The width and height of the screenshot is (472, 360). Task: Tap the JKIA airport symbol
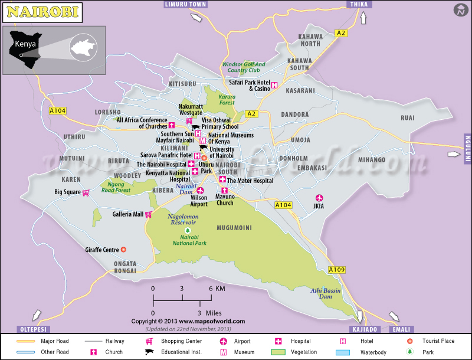pyautogui.click(x=320, y=198)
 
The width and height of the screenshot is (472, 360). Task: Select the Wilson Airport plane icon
pyautogui.click(x=200, y=191)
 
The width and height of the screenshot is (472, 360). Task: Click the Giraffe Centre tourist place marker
pyautogui.click(x=123, y=250)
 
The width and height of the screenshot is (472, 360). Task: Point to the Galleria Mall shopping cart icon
pyautogui.click(x=149, y=214)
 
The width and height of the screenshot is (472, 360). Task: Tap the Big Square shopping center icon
pyautogui.click(x=86, y=192)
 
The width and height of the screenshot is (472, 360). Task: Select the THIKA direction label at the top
pyautogui.click(x=358, y=4)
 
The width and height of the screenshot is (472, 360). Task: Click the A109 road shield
pyautogui.click(x=336, y=270)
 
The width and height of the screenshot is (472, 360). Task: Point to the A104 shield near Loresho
pyautogui.click(x=58, y=110)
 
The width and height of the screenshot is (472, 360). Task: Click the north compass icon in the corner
pyautogui.click(x=460, y=10)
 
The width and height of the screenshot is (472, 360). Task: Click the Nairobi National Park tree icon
pyautogui.click(x=188, y=230)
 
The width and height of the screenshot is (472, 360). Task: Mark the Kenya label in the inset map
pyautogui.click(x=25, y=44)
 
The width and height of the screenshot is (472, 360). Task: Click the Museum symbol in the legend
pyautogui.click(x=224, y=352)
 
